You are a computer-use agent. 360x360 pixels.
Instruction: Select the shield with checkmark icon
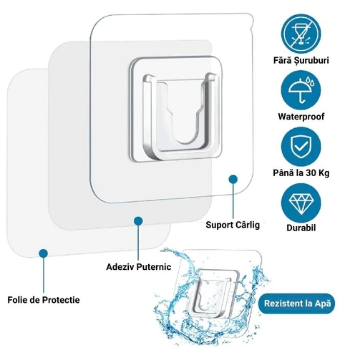tap(301, 146)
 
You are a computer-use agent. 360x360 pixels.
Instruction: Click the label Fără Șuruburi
tap(301, 60)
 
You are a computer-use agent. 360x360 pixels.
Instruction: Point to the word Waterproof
tap(301, 117)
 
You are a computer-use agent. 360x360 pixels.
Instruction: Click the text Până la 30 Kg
tap(301, 173)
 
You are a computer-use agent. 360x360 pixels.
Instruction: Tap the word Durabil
tap(301, 228)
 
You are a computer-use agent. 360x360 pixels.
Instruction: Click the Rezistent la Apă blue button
tap(297, 304)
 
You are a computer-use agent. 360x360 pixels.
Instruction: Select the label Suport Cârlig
tap(232, 225)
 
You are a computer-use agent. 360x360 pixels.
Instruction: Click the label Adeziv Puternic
tap(139, 267)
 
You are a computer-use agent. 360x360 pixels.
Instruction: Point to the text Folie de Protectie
tap(44, 300)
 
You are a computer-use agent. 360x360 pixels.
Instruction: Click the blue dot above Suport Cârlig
tap(233, 179)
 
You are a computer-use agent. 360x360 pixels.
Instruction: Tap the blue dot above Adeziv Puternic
tap(138, 221)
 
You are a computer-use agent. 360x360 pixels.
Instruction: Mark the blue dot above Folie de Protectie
tap(43, 253)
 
